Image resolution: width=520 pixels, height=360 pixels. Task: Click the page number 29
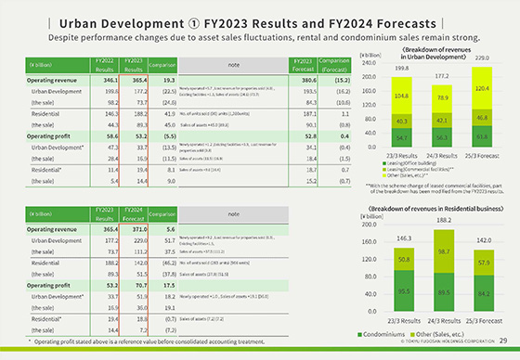point(502,342)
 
